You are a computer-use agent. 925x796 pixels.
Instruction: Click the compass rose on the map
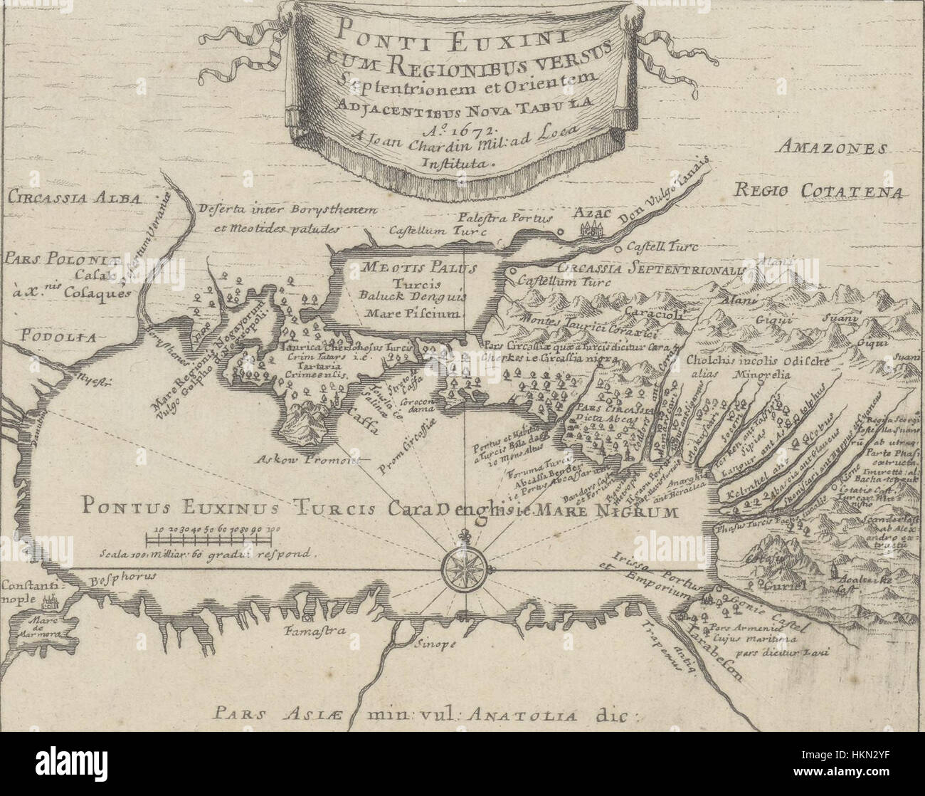tap(464, 569)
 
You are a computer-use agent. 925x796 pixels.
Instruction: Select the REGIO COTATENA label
tap(818, 192)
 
